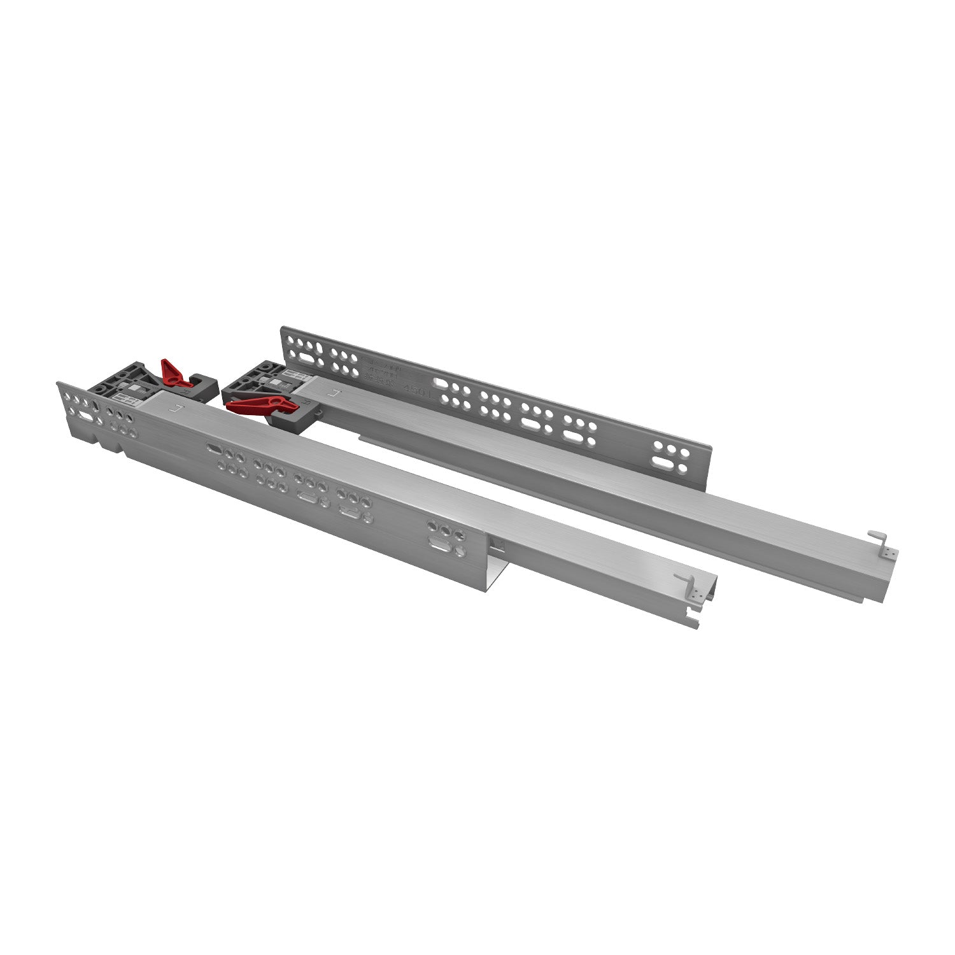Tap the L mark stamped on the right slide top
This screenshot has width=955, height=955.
pos(336,393)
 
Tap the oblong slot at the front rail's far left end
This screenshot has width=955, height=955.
pos(85,415)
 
